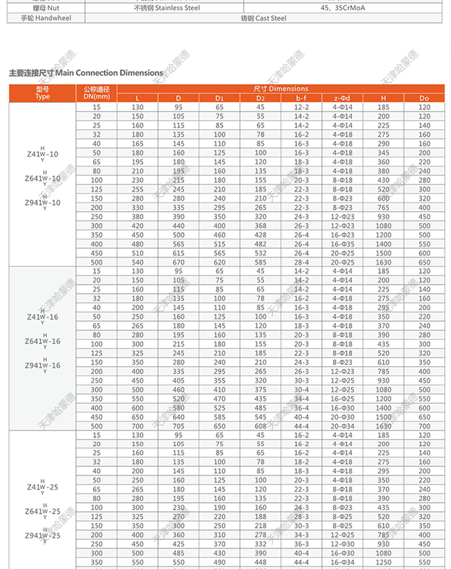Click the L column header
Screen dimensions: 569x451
click(138, 98)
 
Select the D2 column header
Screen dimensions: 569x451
click(260, 98)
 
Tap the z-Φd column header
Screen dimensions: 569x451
click(343, 98)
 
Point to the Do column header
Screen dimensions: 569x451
click(424, 98)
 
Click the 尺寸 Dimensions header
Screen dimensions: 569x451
click(281, 89)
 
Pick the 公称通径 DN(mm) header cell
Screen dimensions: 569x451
click(96, 93)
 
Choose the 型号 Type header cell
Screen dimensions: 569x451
click(43, 93)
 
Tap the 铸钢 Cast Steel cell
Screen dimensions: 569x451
click(263, 18)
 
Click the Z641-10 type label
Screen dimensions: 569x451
click(42, 179)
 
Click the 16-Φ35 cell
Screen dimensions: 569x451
click(343, 244)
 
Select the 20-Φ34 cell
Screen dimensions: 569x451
click(343, 426)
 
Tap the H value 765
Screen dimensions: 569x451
click(384, 207)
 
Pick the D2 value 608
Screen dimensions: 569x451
click(260, 426)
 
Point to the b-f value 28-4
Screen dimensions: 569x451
click(301, 262)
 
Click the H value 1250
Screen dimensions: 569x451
click(384, 563)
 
